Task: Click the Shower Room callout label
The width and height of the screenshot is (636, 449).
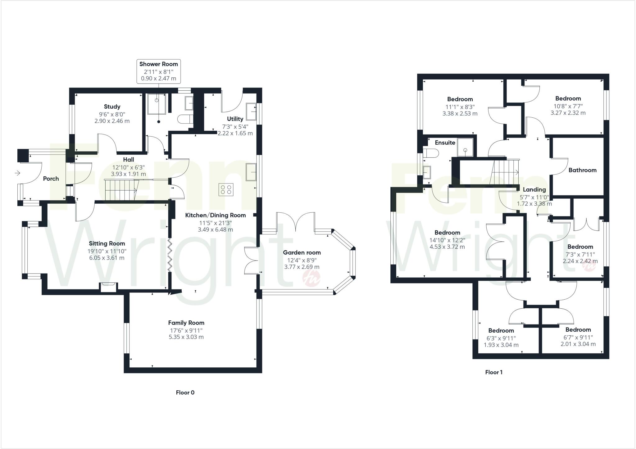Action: (x=158, y=64)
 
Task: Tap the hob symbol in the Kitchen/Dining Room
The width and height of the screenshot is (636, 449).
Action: (x=226, y=189)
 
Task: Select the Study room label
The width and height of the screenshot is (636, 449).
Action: (x=112, y=107)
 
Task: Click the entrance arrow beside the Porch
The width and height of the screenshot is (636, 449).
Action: (x=17, y=173)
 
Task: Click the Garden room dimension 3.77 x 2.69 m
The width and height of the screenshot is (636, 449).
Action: (x=302, y=267)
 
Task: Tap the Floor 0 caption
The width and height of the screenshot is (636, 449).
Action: (x=185, y=392)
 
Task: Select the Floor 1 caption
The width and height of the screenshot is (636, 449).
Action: (x=494, y=372)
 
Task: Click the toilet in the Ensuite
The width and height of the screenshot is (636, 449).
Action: (x=432, y=153)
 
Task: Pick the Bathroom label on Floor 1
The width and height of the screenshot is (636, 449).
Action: (x=582, y=170)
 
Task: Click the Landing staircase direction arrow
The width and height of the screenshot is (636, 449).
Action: (x=516, y=172)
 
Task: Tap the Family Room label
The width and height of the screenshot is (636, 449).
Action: (x=186, y=323)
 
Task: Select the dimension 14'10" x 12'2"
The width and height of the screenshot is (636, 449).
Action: (x=447, y=240)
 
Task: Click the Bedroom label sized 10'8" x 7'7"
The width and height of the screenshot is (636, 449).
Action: (x=568, y=98)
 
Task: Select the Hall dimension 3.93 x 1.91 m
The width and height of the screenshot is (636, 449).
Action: (x=128, y=174)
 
